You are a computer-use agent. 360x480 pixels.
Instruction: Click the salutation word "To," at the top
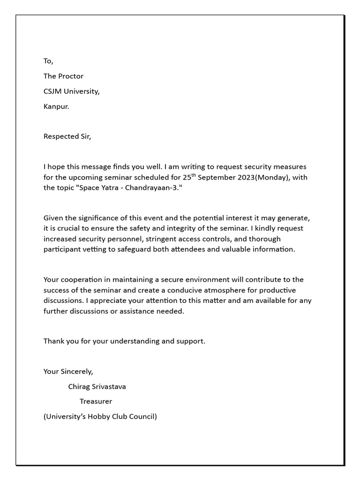click(49, 61)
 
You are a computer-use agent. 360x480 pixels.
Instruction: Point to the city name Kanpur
click(56, 106)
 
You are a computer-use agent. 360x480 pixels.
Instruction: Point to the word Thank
click(54, 341)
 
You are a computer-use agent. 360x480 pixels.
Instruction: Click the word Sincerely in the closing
click(77, 371)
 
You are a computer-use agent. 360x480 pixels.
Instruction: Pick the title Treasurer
click(96, 401)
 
